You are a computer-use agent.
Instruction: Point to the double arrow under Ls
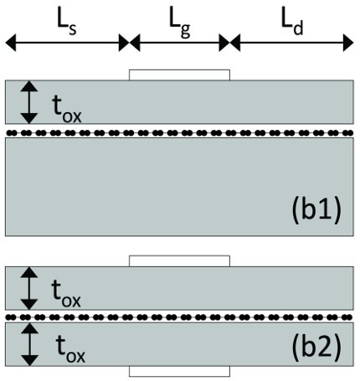point(67,41)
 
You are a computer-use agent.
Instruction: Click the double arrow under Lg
point(179,41)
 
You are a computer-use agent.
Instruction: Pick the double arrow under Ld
point(289,41)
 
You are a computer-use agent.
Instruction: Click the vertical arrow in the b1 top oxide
point(29,101)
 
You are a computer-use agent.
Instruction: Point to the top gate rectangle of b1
point(179,75)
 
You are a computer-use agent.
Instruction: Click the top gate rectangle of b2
point(179,260)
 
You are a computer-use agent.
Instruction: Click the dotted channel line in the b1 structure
point(180,132)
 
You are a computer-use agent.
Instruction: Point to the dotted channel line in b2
point(180,317)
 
